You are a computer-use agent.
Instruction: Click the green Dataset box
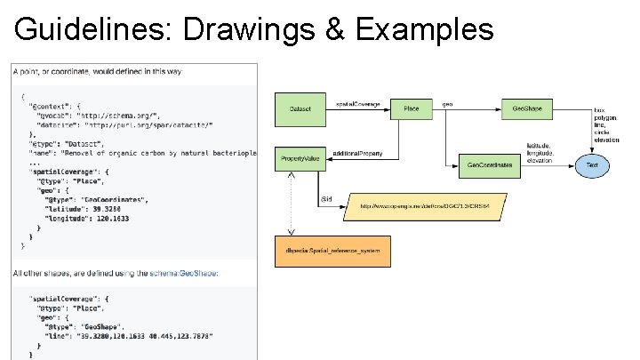click(x=300, y=108)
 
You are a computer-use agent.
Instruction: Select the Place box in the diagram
click(x=411, y=108)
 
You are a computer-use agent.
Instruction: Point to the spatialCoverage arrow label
click(x=358, y=104)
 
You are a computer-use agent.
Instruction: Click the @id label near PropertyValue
click(x=325, y=198)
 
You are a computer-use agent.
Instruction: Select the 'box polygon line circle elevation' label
click(x=607, y=125)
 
